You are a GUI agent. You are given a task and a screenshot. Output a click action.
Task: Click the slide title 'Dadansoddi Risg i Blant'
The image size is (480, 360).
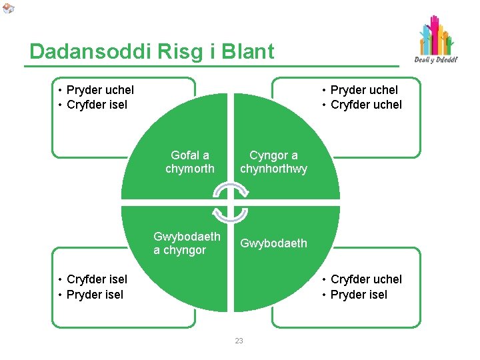152,51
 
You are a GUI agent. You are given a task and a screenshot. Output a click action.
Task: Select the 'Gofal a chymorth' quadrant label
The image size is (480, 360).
190,162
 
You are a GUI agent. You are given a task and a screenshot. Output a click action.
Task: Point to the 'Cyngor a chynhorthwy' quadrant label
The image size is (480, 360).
274,162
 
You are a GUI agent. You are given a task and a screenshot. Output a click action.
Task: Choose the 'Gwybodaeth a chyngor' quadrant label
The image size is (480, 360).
187,243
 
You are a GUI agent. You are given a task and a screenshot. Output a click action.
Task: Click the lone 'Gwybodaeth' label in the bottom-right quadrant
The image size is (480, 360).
274,243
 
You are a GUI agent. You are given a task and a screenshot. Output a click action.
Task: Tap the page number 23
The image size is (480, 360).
239,341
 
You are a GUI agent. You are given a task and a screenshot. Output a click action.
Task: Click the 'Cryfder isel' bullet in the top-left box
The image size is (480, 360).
97,105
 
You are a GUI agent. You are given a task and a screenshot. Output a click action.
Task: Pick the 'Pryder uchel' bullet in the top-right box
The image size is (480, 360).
364,90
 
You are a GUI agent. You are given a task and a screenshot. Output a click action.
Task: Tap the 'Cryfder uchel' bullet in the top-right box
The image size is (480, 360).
366,105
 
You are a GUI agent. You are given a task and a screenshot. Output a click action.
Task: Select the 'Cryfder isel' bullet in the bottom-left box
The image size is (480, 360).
97,279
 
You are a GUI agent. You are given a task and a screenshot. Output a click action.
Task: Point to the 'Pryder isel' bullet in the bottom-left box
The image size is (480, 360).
95,295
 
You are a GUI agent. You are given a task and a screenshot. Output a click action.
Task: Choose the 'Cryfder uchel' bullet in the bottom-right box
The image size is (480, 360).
366,279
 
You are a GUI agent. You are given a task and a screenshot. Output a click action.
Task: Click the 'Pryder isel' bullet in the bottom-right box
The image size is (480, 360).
359,295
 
